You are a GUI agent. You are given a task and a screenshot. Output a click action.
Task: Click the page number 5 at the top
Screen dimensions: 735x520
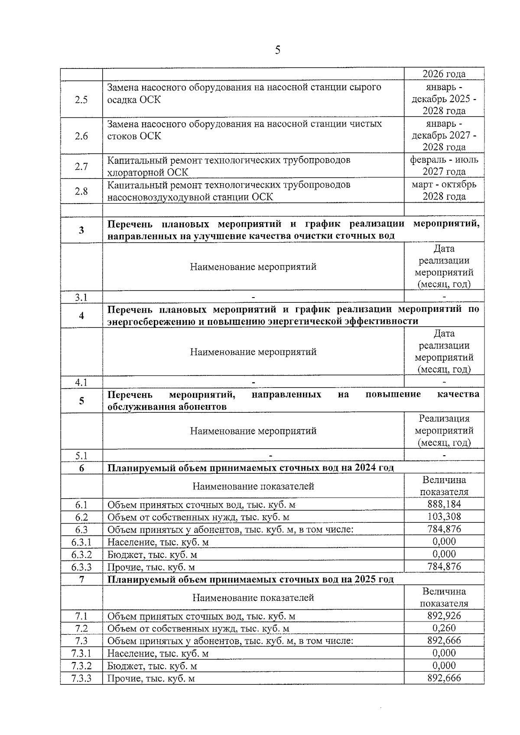277,50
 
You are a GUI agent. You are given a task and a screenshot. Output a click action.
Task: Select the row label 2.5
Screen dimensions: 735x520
81,100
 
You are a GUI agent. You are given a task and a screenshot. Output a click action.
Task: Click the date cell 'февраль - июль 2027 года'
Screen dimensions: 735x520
444,166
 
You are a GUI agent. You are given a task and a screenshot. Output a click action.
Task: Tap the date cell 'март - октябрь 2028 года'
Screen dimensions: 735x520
444,191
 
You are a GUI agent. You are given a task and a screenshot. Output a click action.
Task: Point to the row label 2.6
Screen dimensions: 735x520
81,136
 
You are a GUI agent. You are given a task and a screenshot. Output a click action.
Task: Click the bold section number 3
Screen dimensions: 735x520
81,230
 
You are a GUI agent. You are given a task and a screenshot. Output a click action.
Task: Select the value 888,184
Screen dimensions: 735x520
444,504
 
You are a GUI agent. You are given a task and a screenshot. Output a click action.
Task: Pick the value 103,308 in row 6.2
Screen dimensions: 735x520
444,517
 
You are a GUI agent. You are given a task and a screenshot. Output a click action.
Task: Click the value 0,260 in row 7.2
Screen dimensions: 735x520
444,628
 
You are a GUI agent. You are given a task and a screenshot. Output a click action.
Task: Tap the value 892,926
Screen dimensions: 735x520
444,615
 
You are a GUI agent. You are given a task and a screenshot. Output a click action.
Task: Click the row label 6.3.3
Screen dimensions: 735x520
81,567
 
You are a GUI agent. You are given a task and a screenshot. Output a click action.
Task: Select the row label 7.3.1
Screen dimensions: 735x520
81,653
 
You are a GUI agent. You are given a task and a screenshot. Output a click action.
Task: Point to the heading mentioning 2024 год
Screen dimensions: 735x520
250,468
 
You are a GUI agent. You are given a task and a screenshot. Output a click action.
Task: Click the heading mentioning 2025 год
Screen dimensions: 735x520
250,580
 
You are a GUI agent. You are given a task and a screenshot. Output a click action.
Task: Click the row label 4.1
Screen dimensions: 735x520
81,382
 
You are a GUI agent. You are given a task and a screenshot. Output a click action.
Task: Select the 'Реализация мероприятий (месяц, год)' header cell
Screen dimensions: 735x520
444,431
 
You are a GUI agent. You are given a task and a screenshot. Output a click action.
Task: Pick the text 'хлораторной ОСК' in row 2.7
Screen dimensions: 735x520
148,172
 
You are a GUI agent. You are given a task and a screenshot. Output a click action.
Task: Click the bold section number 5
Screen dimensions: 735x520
81,401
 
